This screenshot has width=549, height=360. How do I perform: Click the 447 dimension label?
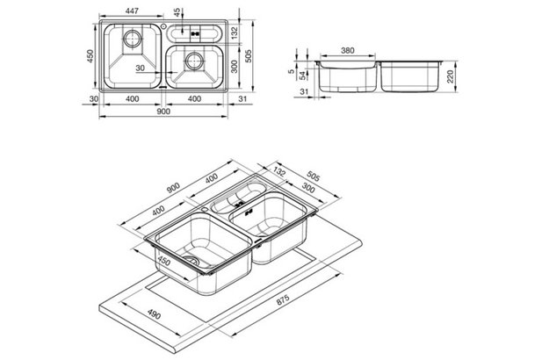point(132,11)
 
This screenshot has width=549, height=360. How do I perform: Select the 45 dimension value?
point(177,12)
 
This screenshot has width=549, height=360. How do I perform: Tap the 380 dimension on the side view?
point(348,50)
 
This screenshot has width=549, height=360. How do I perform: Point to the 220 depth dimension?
point(450,76)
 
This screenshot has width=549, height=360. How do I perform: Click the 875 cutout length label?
point(283,299)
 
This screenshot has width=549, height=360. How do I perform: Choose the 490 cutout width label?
point(153,314)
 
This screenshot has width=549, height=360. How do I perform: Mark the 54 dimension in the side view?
point(303,76)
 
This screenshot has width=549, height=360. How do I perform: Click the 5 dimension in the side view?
point(292,72)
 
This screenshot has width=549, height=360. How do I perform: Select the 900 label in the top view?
point(163,112)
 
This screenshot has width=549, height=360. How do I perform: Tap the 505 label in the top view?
point(248,56)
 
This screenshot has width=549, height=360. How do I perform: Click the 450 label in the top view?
point(90,56)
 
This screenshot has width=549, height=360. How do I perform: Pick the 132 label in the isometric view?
point(279,172)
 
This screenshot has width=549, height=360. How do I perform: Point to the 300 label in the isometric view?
point(308,188)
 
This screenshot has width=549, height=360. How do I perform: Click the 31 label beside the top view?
point(242,99)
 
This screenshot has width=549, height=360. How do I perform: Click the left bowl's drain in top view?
point(133,38)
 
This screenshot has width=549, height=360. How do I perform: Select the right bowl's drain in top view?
point(193,61)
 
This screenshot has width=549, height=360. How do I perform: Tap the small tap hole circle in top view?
point(163,25)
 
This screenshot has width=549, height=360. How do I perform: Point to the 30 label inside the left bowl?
point(140,68)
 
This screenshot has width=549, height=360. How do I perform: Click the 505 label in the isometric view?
point(313,176)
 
